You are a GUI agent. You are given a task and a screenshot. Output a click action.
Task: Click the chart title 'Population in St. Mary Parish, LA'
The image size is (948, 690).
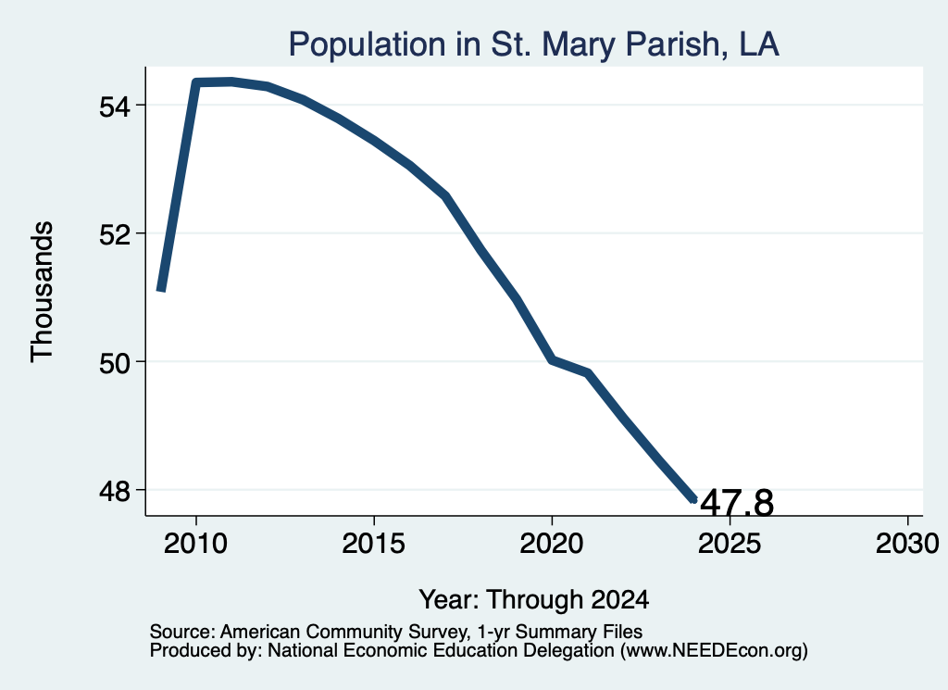tap(533, 44)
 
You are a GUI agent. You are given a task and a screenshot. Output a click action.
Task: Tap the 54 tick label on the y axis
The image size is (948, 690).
tap(115, 107)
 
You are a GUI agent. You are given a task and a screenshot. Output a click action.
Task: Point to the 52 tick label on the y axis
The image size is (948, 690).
tap(115, 234)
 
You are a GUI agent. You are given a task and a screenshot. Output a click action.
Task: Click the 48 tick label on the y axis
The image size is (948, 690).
tap(115, 491)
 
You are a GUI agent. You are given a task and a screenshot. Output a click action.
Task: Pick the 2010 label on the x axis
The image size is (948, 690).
tap(196, 543)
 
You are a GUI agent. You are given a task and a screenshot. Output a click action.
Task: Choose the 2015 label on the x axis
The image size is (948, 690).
tap(374, 543)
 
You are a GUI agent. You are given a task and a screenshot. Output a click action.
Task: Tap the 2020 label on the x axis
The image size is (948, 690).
tap(552, 543)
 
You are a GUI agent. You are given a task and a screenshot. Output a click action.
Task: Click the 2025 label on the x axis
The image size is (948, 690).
tap(730, 543)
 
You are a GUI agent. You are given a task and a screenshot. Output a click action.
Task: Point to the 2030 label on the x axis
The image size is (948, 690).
tap(907, 543)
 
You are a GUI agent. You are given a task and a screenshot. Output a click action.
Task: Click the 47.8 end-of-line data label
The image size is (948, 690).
tap(737, 503)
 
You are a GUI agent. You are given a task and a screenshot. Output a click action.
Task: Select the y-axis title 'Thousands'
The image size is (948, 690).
tap(42, 292)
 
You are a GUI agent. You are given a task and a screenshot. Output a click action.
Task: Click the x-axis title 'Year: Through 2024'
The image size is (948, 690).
tap(534, 599)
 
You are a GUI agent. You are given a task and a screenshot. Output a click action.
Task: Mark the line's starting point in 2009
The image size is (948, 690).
tap(161, 291)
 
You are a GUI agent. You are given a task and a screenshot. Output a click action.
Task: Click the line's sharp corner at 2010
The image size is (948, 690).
tap(196, 82)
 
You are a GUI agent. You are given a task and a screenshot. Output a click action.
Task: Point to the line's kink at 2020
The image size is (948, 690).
tap(552, 360)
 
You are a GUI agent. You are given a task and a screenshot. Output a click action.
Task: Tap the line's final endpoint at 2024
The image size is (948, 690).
tap(694, 499)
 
